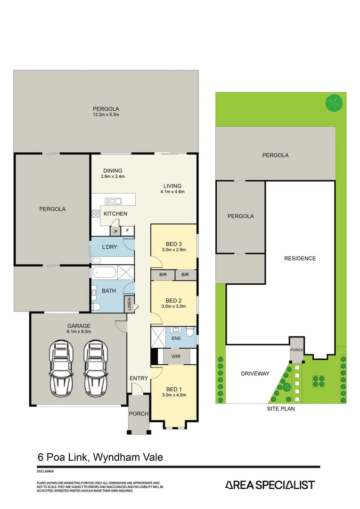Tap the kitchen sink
113,201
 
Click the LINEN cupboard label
128,304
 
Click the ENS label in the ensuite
176,338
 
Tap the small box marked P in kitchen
115,231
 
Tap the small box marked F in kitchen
128,231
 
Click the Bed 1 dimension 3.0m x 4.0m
174,395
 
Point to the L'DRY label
109,246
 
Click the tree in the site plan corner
334,103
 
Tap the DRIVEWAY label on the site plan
255,374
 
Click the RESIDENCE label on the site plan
300,258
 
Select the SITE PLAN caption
281,409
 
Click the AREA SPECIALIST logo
270,485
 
